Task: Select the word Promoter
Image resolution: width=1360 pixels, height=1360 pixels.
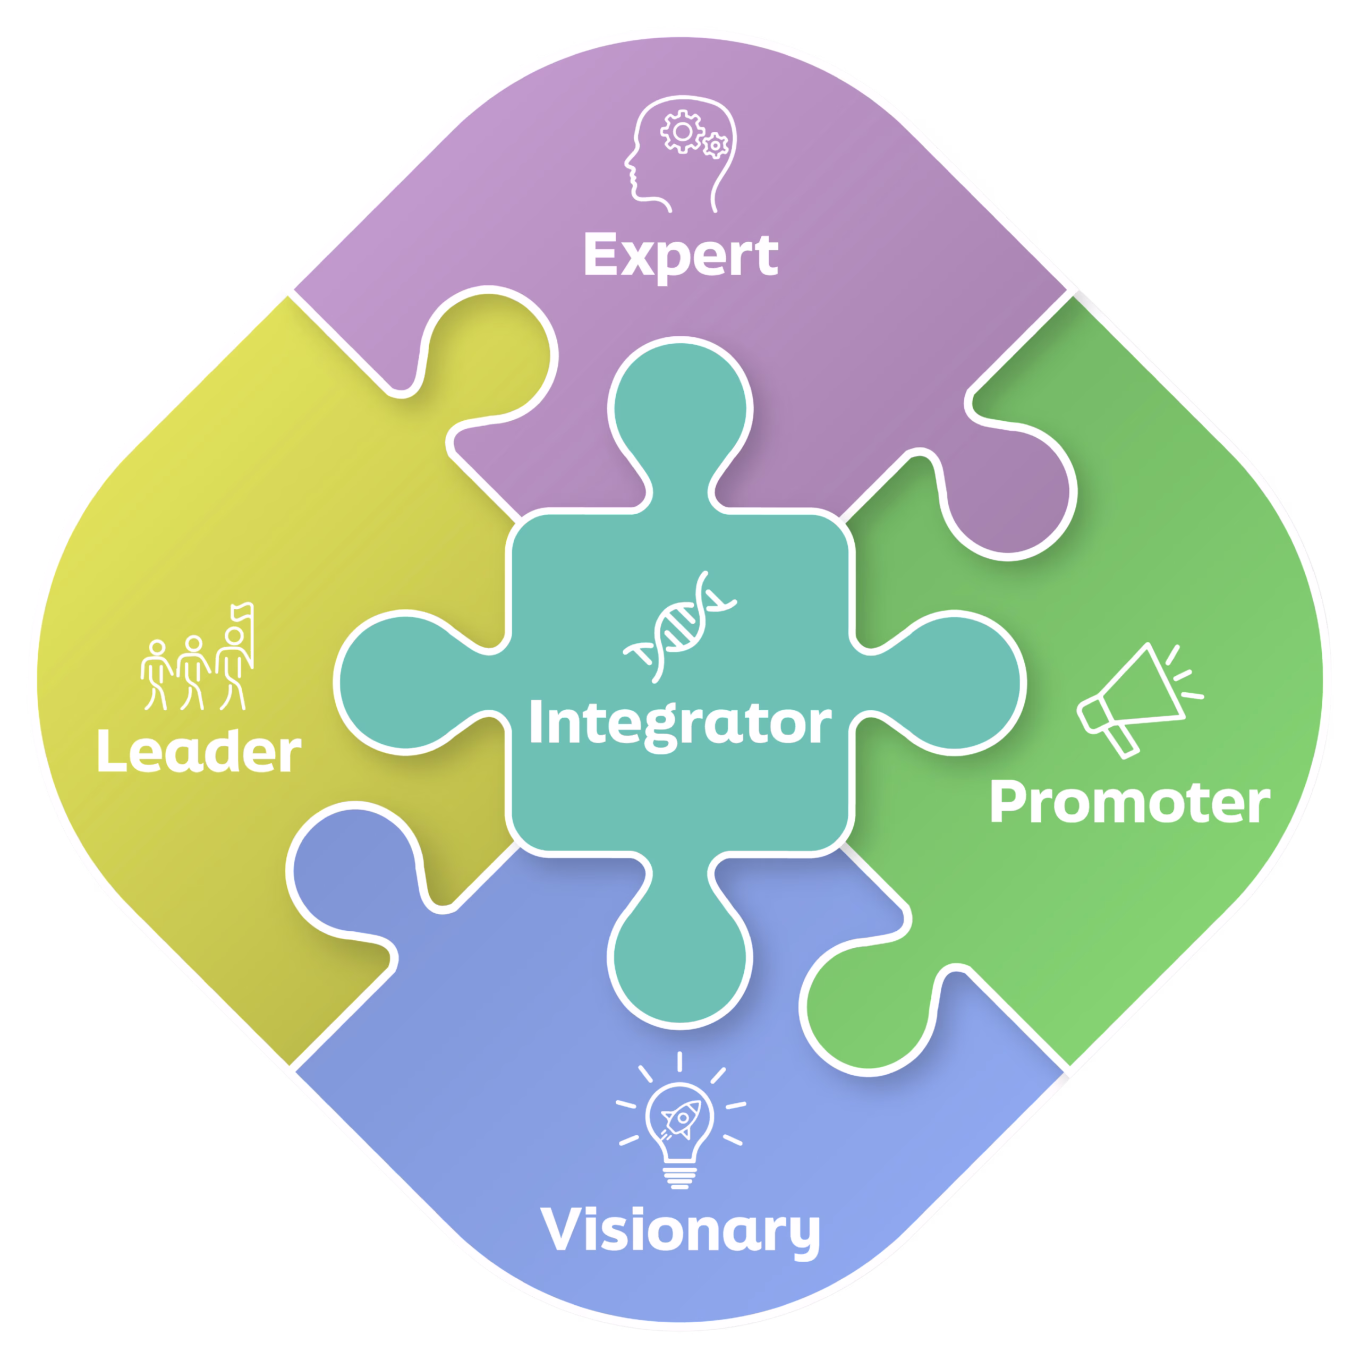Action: click(x=1130, y=803)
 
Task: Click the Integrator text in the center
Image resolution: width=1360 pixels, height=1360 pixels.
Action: click(x=680, y=724)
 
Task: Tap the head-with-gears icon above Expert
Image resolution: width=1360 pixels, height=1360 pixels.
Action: click(x=680, y=154)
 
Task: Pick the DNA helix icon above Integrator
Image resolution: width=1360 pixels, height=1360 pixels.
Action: click(x=679, y=626)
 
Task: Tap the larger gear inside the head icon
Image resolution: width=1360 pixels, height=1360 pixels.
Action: click(x=682, y=132)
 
